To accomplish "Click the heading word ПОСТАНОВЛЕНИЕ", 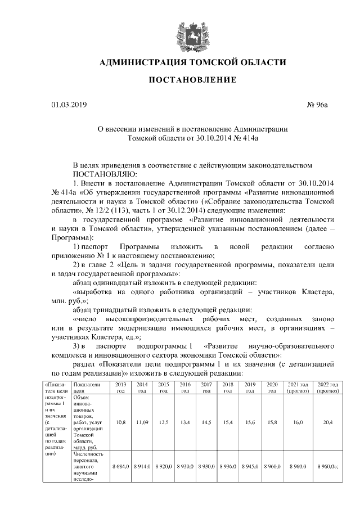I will point(192,80).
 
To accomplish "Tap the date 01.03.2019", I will point(55,104).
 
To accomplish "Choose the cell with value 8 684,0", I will point(120,467).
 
